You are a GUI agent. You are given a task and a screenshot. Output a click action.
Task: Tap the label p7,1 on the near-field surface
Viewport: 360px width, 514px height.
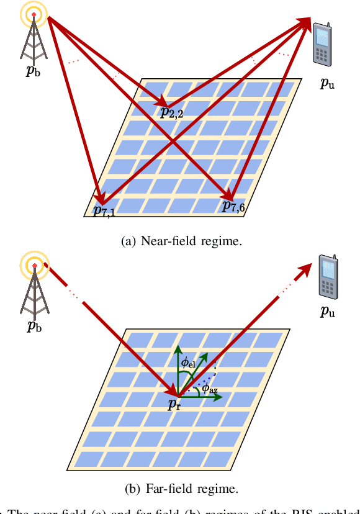click(x=104, y=210)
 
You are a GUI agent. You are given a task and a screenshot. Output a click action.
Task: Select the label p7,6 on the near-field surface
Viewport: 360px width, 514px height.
click(x=234, y=207)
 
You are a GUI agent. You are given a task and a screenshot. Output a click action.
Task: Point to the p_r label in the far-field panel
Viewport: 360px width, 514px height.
click(x=174, y=404)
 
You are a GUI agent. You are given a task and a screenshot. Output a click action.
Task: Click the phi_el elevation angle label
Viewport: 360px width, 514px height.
click(x=187, y=361)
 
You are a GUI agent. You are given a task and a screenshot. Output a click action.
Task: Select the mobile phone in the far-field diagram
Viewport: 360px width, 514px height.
click(x=327, y=276)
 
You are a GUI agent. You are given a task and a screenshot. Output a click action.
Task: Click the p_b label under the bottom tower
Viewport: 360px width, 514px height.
click(x=35, y=327)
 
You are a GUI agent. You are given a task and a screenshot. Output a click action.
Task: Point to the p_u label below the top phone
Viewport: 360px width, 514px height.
click(x=327, y=84)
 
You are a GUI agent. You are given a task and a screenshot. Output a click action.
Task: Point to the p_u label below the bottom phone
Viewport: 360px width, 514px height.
click(x=327, y=312)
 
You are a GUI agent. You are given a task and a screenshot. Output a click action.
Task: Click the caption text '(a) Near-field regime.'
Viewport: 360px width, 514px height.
click(x=179, y=241)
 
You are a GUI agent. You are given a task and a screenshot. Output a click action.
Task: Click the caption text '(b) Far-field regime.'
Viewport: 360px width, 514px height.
click(x=179, y=487)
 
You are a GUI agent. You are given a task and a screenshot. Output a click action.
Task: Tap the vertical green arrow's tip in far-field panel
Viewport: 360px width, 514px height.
click(x=178, y=346)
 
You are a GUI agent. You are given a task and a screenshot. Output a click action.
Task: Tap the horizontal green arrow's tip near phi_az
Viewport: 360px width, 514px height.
click(x=220, y=397)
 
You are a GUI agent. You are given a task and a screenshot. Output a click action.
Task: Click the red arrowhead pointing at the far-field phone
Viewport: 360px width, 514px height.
click(x=307, y=268)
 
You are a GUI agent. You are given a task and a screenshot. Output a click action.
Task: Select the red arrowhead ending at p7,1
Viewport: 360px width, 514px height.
click(x=97, y=200)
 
